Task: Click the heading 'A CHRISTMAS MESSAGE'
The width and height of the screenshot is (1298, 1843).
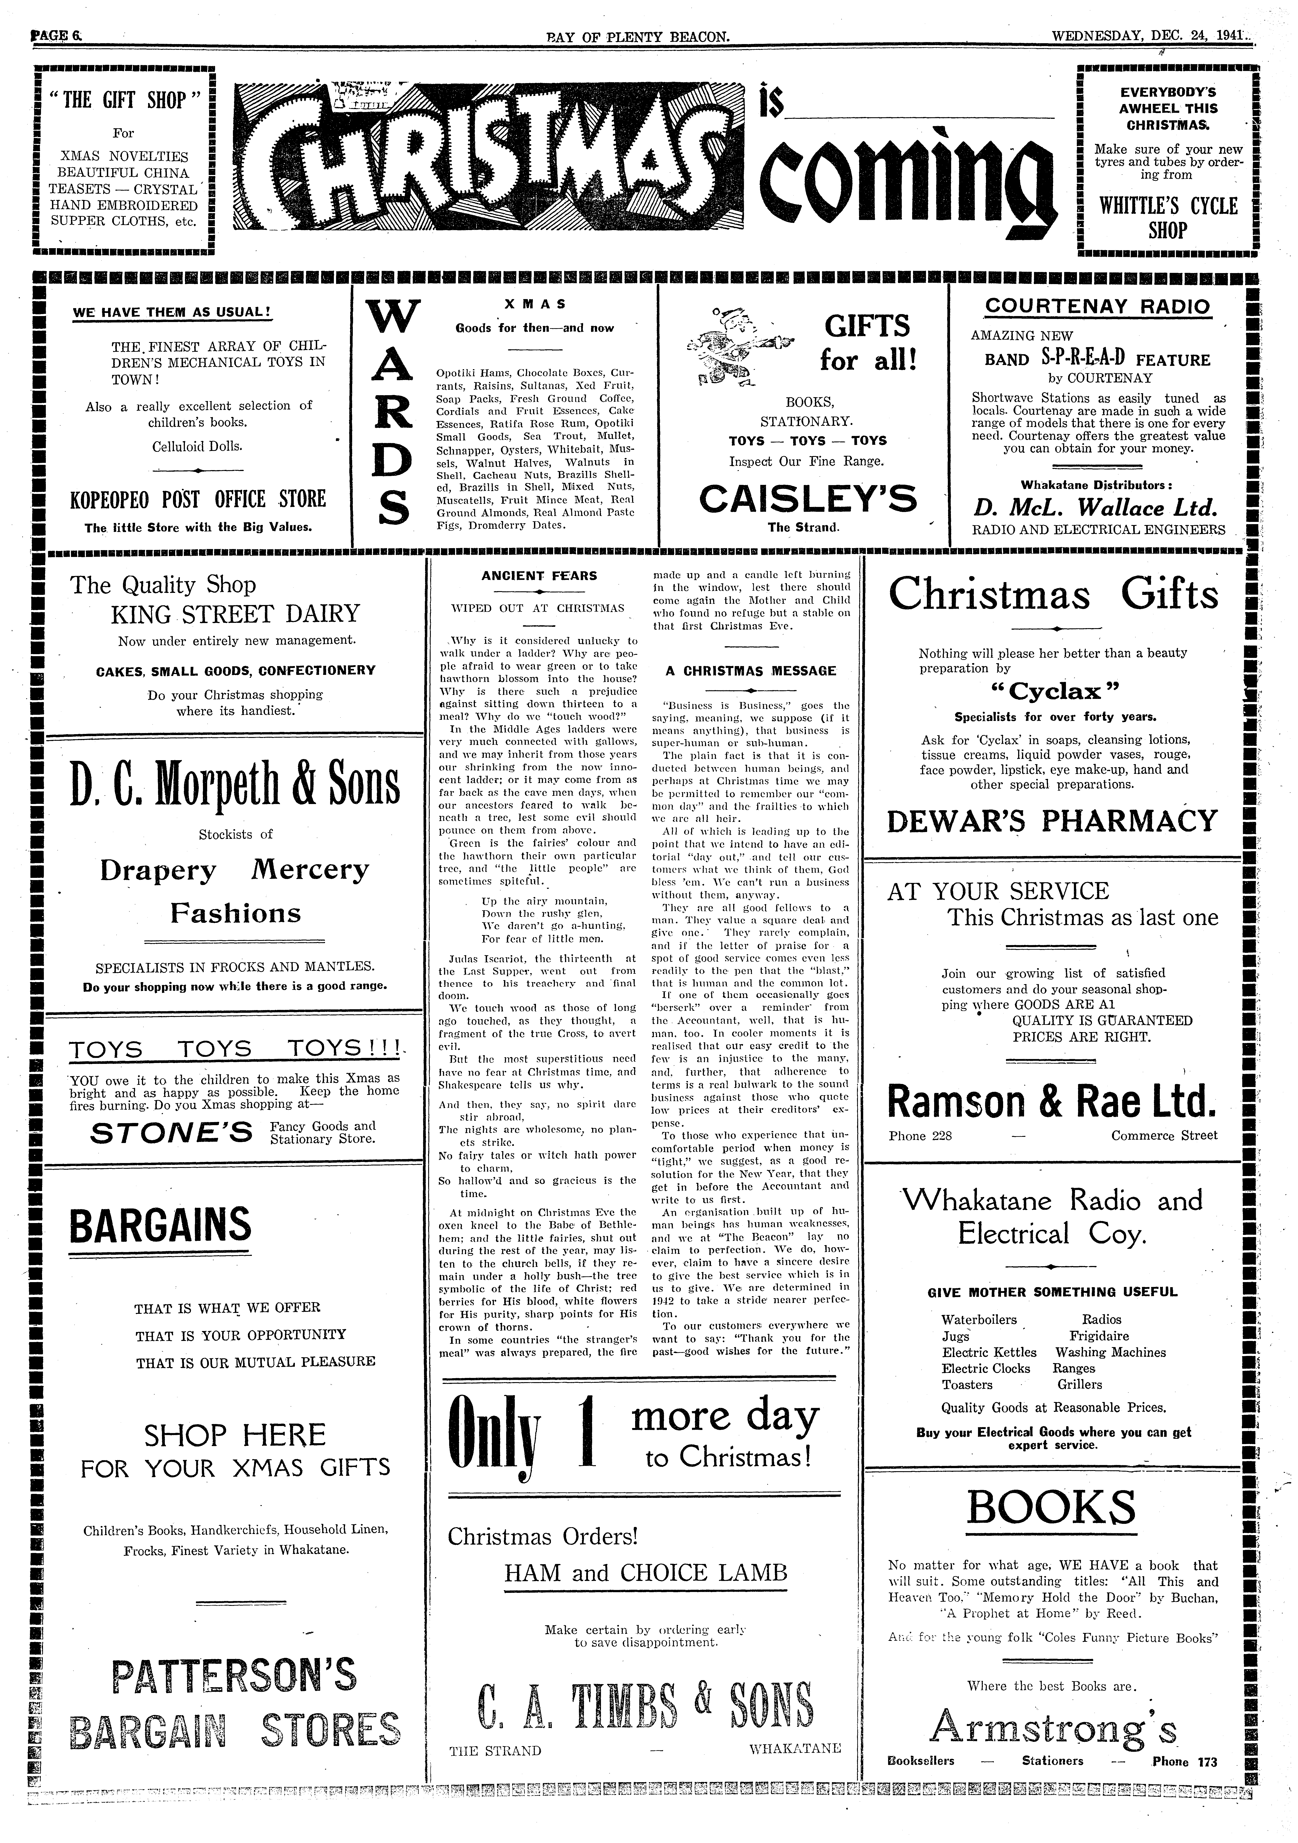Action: click(x=751, y=671)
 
